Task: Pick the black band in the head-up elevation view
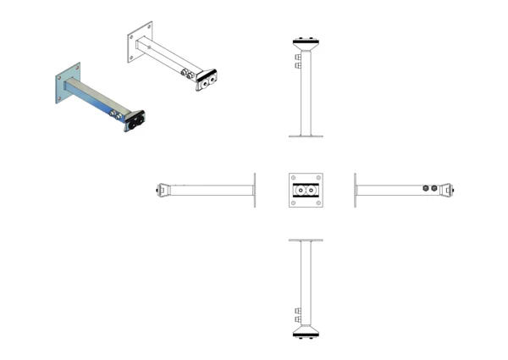click(x=306, y=41)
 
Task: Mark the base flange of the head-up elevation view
click(x=306, y=135)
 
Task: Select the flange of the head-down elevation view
click(x=306, y=241)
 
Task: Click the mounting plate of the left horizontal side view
click(x=254, y=191)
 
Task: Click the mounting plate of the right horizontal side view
click(x=356, y=191)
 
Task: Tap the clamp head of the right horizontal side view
click(x=450, y=191)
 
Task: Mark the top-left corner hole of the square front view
click(x=293, y=178)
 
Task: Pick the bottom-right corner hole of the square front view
click(x=318, y=203)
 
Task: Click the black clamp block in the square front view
click(x=306, y=191)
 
